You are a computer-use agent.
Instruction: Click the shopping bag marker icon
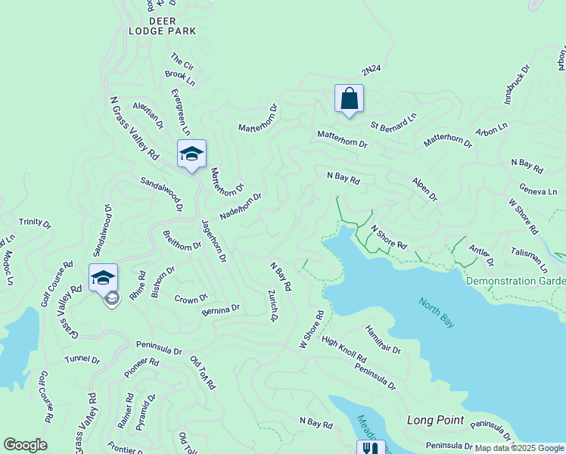(x=349, y=99)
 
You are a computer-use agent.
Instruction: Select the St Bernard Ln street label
(x=393, y=121)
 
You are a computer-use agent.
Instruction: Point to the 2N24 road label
(x=371, y=70)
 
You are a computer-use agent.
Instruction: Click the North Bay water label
(x=437, y=312)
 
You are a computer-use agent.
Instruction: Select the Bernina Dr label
(x=220, y=309)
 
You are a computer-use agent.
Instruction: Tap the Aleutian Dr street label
(x=148, y=115)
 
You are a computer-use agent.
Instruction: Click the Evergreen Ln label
(x=180, y=111)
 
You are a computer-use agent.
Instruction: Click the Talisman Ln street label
(x=529, y=260)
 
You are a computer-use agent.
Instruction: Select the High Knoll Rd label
(x=344, y=348)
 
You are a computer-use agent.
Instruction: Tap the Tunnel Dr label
(x=82, y=359)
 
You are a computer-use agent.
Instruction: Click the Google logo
(x=25, y=445)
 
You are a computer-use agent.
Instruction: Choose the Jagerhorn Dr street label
(x=213, y=240)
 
